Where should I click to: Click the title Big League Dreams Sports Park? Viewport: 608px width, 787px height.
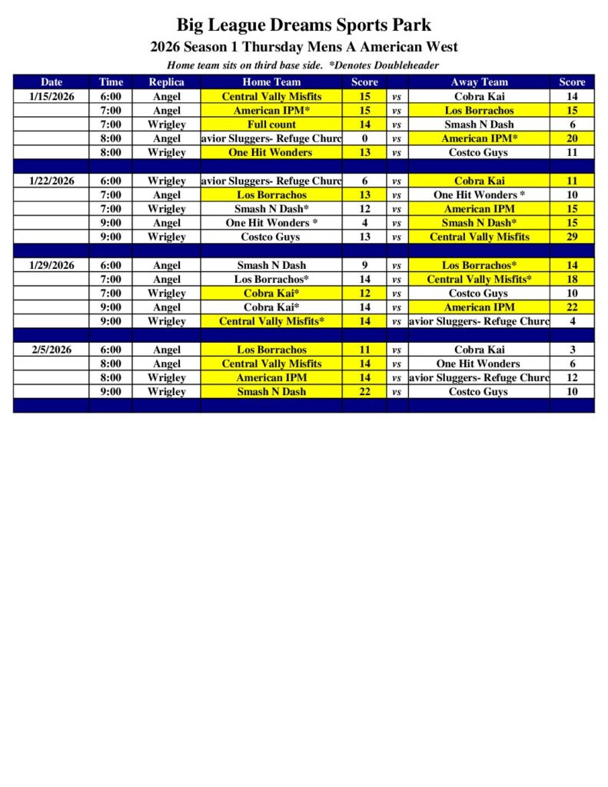(x=304, y=25)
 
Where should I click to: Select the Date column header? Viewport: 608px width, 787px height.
(x=51, y=82)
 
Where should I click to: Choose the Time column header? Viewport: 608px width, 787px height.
(x=111, y=82)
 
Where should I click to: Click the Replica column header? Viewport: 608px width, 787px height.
(x=166, y=82)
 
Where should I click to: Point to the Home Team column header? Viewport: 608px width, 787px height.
(x=271, y=82)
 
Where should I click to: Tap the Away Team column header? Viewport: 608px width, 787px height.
(x=479, y=82)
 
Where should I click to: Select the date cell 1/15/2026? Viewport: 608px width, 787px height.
(x=51, y=97)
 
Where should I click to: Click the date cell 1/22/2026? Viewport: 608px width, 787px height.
(x=51, y=181)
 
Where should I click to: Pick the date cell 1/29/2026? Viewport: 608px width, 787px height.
(x=51, y=266)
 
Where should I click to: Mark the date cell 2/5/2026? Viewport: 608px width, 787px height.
(x=51, y=350)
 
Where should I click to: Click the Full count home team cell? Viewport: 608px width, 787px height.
(x=271, y=125)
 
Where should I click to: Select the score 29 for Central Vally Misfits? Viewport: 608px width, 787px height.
(x=572, y=237)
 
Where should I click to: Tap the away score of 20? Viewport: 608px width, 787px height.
(x=572, y=138)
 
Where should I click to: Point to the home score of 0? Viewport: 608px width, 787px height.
(x=364, y=138)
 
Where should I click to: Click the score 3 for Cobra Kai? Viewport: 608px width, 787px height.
(x=572, y=350)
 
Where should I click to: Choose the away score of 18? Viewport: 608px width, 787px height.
(x=572, y=280)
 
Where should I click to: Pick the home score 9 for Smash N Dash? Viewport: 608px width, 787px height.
(x=364, y=266)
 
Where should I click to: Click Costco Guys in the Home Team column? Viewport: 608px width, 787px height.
(x=271, y=237)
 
